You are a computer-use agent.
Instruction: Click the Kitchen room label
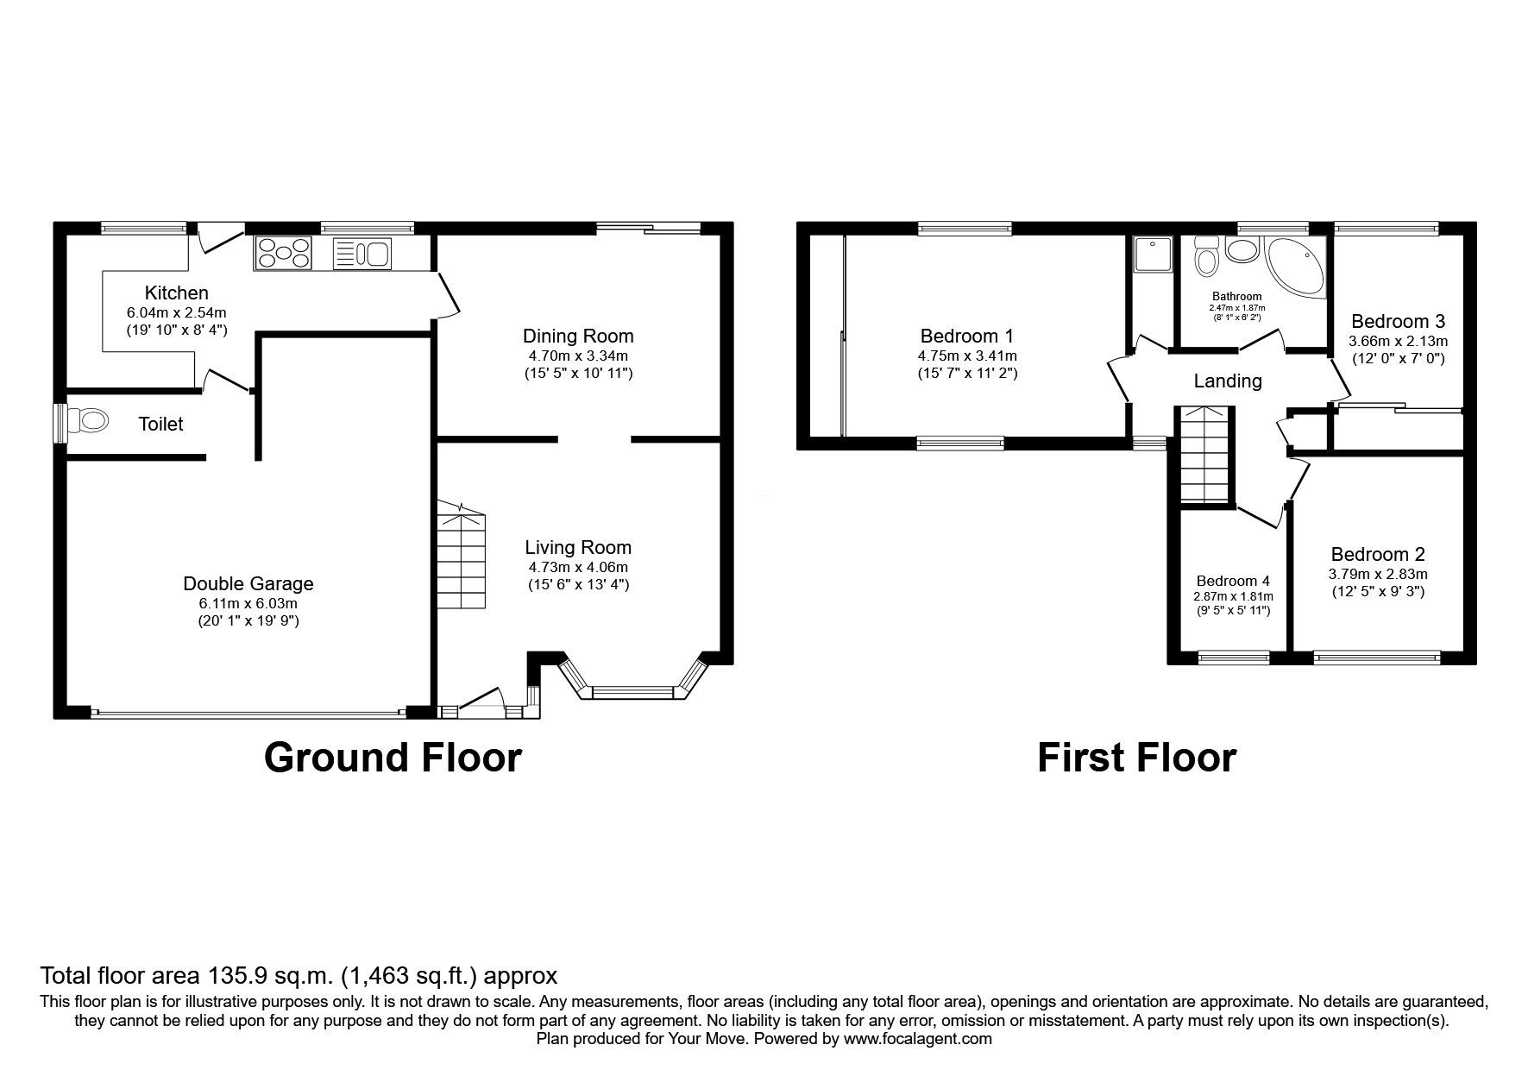[x=176, y=293]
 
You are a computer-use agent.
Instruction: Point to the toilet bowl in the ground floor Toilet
[x=90, y=422]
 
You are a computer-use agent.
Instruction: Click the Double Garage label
[x=248, y=583]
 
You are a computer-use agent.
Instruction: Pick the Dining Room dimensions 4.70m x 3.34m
[x=578, y=356]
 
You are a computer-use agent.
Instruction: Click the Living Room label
[x=578, y=547]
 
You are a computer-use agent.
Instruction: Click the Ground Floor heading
[x=393, y=757]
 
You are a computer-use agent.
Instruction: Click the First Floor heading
[x=1136, y=757]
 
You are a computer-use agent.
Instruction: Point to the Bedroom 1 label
[x=967, y=336]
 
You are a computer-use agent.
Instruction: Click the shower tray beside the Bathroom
[x=1151, y=254]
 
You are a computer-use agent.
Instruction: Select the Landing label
[x=1228, y=381]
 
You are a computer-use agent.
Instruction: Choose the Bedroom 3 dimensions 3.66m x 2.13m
[x=1398, y=341]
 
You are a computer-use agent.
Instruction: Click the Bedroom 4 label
[x=1233, y=581]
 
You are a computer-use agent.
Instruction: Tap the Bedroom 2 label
[x=1378, y=554]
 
